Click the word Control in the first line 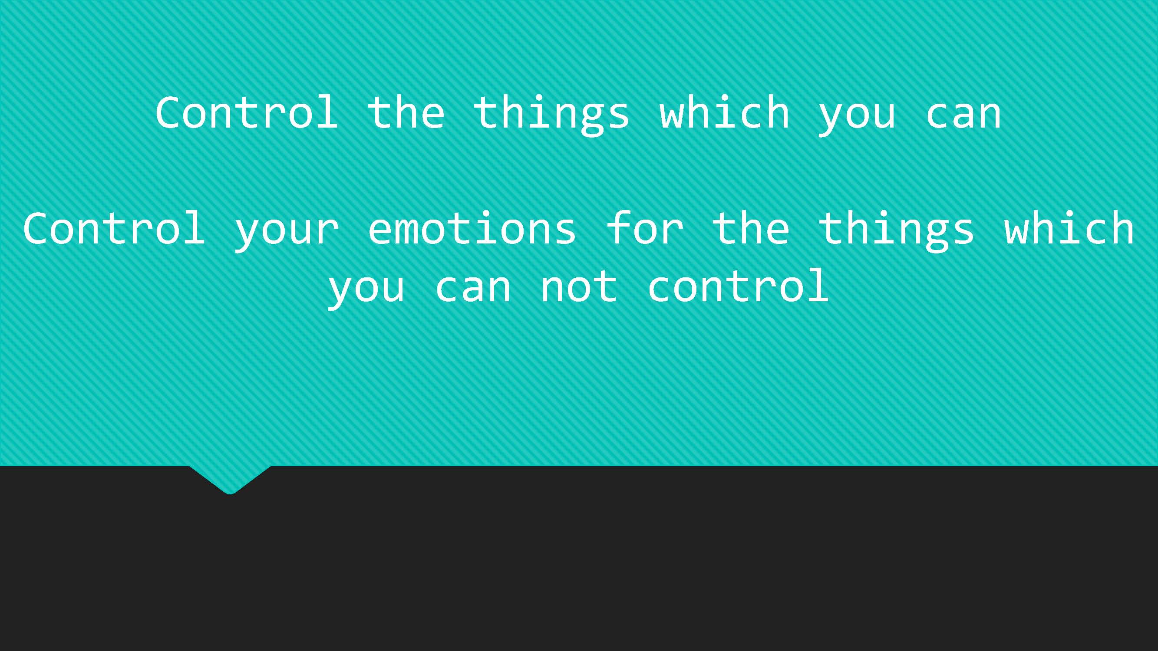[x=246, y=112]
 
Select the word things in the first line [x=551, y=115]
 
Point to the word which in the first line [x=725, y=112]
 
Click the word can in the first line [x=963, y=115]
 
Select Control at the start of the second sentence [x=114, y=228]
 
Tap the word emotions [x=472, y=228]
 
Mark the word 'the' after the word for [x=751, y=228]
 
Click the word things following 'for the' [x=896, y=231]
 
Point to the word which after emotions [x=1069, y=228]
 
